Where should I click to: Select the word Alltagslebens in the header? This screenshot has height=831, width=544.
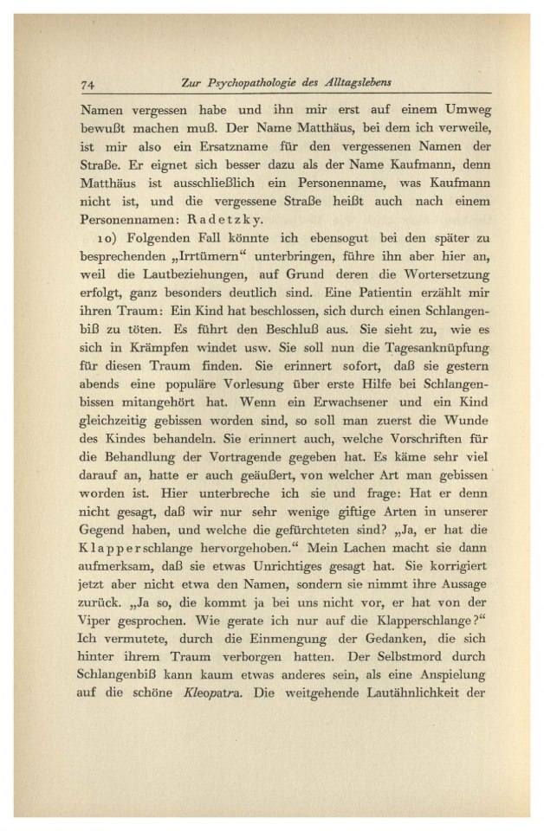pos(356,83)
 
